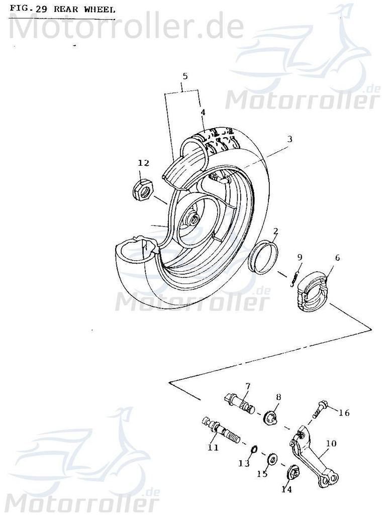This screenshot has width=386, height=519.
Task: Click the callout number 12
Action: pyautogui.click(x=144, y=163)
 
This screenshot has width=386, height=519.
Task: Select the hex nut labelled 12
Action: pyautogui.click(x=142, y=189)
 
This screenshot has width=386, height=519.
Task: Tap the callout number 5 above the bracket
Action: pyautogui.click(x=185, y=76)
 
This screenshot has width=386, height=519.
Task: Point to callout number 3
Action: pyautogui.click(x=290, y=138)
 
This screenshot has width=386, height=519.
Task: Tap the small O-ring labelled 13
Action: pyautogui.click(x=255, y=449)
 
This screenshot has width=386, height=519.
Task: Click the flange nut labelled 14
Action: pyautogui.click(x=294, y=473)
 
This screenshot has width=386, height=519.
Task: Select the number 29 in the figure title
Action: pyautogui.click(x=41, y=9)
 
